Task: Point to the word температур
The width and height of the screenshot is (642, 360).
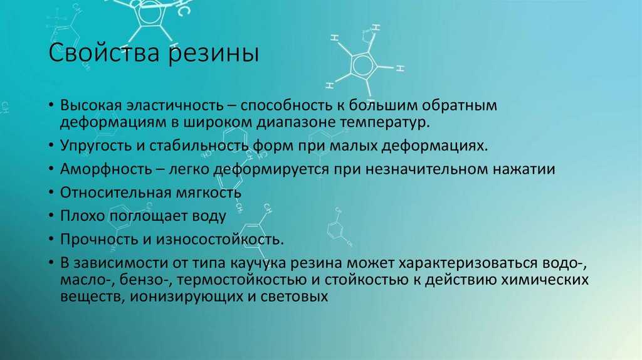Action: pyautogui.click(x=385, y=122)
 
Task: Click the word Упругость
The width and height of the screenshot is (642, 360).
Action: pyautogui.click(x=96, y=146)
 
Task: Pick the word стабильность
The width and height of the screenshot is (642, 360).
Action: pyautogui.click(x=199, y=146)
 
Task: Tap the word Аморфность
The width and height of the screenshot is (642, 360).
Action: pyautogui.click(x=106, y=169)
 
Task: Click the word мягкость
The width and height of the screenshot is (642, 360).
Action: pyautogui.click(x=208, y=193)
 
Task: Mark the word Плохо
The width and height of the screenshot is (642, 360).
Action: pyautogui.click(x=83, y=215)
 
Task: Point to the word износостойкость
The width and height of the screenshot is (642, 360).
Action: pyautogui.click(x=219, y=239)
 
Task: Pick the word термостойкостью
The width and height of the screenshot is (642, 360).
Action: pyautogui.click(x=243, y=280)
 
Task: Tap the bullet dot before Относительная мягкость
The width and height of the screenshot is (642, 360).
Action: pyautogui.click(x=51, y=193)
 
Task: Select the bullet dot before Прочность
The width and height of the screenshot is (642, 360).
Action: pyautogui.click(x=51, y=239)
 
